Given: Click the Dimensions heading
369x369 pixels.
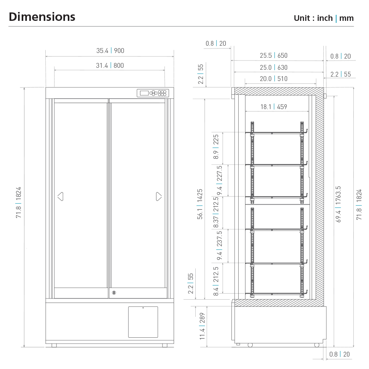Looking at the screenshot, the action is click(42, 17).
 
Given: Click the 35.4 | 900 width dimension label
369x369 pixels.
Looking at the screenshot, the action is click(110, 51).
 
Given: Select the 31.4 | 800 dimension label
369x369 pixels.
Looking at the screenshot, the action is click(110, 65).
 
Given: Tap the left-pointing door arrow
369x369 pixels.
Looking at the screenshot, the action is click(60, 197).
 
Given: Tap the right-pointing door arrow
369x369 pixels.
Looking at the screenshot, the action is click(159, 197).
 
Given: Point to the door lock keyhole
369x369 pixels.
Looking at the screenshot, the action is click(114, 292).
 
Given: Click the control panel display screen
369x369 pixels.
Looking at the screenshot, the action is click(144, 93).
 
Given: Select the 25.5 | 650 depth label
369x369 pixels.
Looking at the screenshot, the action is click(274, 55).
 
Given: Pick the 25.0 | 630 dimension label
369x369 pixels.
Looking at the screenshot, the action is click(274, 67).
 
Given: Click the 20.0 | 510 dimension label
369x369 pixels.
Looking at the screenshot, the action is click(274, 79).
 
